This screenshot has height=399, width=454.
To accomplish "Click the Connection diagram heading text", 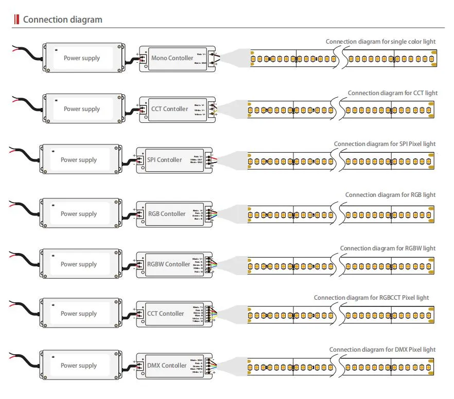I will (62, 20).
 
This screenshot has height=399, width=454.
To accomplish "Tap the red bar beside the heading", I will (16, 20).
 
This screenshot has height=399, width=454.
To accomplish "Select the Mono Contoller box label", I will (172, 58).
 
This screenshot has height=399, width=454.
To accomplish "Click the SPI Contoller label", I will (164, 160).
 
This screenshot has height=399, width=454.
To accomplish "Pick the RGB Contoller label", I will (166, 214).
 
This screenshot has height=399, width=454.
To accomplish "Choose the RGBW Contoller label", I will (168, 264).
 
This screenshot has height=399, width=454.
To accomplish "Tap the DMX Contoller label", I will (167, 366).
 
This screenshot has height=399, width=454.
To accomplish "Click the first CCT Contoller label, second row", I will (169, 109).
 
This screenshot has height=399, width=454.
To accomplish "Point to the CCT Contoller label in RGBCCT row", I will (165, 314).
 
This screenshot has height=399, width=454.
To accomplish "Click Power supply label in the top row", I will (82, 58).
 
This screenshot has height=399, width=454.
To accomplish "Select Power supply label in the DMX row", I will (79, 366).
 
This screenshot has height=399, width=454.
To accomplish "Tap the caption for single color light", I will (380, 42).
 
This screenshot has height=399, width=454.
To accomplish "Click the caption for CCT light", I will (392, 93).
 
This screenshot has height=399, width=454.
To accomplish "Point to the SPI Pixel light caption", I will (385, 144).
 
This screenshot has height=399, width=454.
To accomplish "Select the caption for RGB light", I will (390, 195).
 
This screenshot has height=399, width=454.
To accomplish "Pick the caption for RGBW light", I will (388, 248).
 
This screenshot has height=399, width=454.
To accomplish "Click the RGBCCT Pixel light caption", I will (371, 298).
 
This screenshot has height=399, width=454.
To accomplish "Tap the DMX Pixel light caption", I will (382, 350).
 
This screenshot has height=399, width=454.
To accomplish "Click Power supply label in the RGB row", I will (79, 214).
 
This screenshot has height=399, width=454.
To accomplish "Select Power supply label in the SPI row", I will (79, 160).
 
